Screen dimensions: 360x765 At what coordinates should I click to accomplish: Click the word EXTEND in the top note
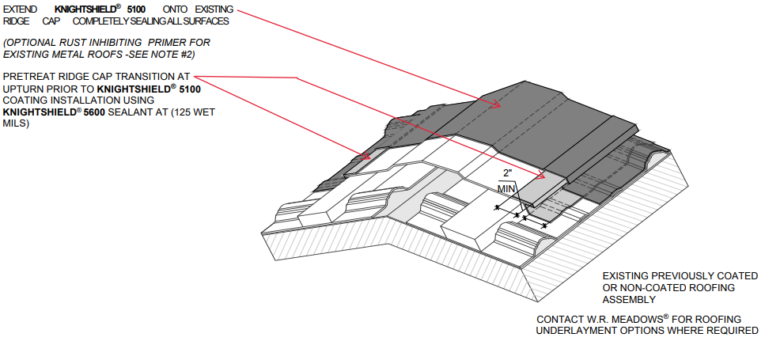[20, 9]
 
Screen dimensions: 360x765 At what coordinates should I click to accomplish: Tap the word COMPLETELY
[101, 21]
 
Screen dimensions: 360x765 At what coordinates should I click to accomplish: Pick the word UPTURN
[23, 89]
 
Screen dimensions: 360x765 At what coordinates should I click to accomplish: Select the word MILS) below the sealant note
[16, 124]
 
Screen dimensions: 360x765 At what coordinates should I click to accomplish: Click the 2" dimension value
[508, 172]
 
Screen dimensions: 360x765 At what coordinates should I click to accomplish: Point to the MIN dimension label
[507, 188]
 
